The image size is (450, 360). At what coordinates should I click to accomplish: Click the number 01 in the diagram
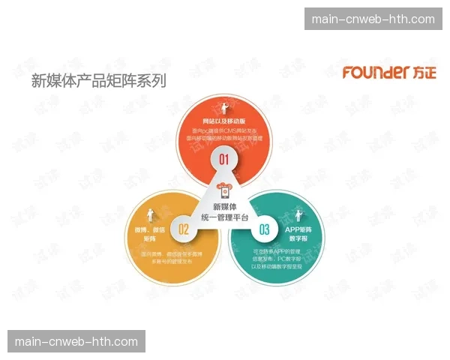[x=223, y=159]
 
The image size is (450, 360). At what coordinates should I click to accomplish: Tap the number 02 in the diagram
[x=182, y=229]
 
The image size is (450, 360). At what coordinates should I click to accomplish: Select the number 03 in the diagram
[x=264, y=229]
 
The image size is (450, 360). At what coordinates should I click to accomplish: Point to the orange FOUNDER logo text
[x=375, y=73]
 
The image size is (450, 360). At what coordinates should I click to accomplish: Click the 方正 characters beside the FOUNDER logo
[x=424, y=73]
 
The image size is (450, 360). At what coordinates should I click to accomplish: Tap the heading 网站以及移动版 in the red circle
[x=223, y=121]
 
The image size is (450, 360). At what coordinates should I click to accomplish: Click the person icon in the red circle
[x=223, y=105]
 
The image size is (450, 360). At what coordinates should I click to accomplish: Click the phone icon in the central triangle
[x=223, y=189]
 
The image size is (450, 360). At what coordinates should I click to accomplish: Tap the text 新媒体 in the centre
[x=223, y=206]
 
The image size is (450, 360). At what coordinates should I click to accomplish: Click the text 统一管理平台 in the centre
[x=223, y=217]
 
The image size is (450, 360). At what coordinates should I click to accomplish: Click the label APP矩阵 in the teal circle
[x=297, y=228]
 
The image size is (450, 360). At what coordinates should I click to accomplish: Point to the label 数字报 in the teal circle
[x=297, y=238]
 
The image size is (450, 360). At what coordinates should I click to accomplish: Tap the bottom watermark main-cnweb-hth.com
[x=76, y=341]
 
